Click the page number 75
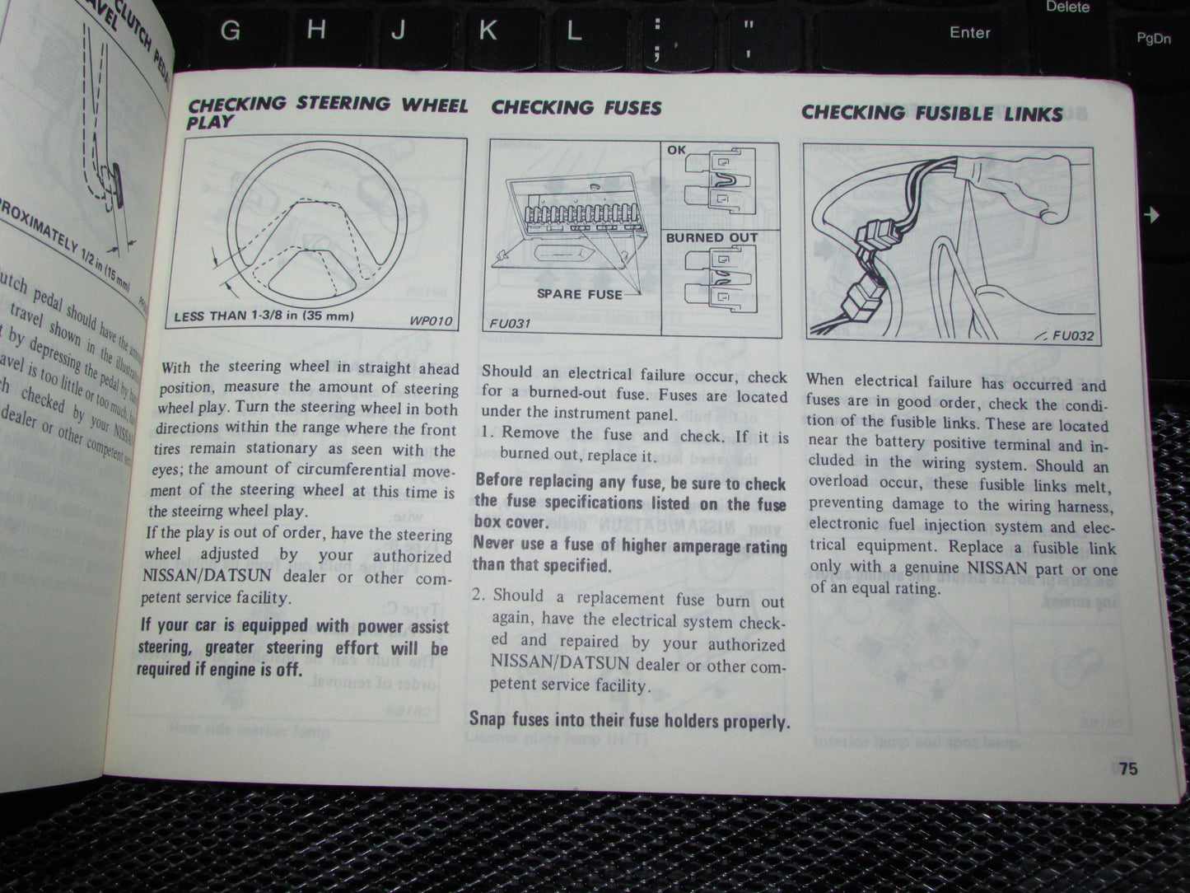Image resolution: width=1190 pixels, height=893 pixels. (x=1127, y=768)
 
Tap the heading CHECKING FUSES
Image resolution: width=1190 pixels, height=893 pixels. (x=576, y=107)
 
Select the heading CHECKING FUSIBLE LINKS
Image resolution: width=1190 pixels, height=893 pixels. (x=931, y=113)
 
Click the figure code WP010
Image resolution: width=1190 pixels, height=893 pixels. (x=429, y=320)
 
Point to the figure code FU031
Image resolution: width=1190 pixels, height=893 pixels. (x=509, y=324)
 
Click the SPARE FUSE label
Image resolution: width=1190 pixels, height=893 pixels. (x=581, y=294)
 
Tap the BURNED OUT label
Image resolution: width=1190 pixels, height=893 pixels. (x=712, y=237)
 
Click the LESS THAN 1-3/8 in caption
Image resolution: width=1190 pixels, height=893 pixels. (x=264, y=316)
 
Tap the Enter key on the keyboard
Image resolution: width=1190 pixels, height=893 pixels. (x=969, y=32)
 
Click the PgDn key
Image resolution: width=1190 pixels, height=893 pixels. (x=1153, y=38)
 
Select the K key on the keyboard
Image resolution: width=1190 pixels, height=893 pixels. (x=488, y=30)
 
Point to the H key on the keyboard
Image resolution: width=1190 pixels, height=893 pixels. (x=315, y=30)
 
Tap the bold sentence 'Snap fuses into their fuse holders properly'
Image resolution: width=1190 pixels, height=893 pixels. (x=629, y=721)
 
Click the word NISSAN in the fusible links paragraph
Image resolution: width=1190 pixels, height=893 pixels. (x=996, y=568)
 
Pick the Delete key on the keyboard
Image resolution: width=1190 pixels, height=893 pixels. (x=1067, y=7)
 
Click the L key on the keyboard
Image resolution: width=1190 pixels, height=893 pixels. (x=574, y=30)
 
